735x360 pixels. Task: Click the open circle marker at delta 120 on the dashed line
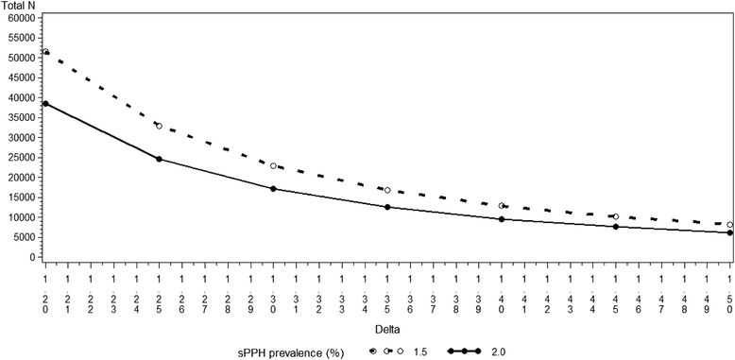(x=45, y=52)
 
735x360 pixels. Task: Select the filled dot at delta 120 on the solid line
(x=45, y=104)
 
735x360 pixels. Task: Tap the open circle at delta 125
(x=159, y=126)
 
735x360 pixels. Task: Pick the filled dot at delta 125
(x=159, y=159)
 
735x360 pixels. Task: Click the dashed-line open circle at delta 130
(x=273, y=165)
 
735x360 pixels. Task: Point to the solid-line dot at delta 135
(x=387, y=207)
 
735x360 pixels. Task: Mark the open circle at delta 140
(x=502, y=205)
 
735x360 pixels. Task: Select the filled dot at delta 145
(x=616, y=227)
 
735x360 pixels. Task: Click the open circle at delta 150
(x=729, y=224)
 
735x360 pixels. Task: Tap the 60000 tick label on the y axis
(x=19, y=18)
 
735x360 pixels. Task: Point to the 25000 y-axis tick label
(x=19, y=158)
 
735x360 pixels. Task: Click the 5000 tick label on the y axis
(x=22, y=237)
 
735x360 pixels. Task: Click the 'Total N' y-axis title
(x=18, y=6)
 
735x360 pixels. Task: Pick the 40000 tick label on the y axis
(x=19, y=97)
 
